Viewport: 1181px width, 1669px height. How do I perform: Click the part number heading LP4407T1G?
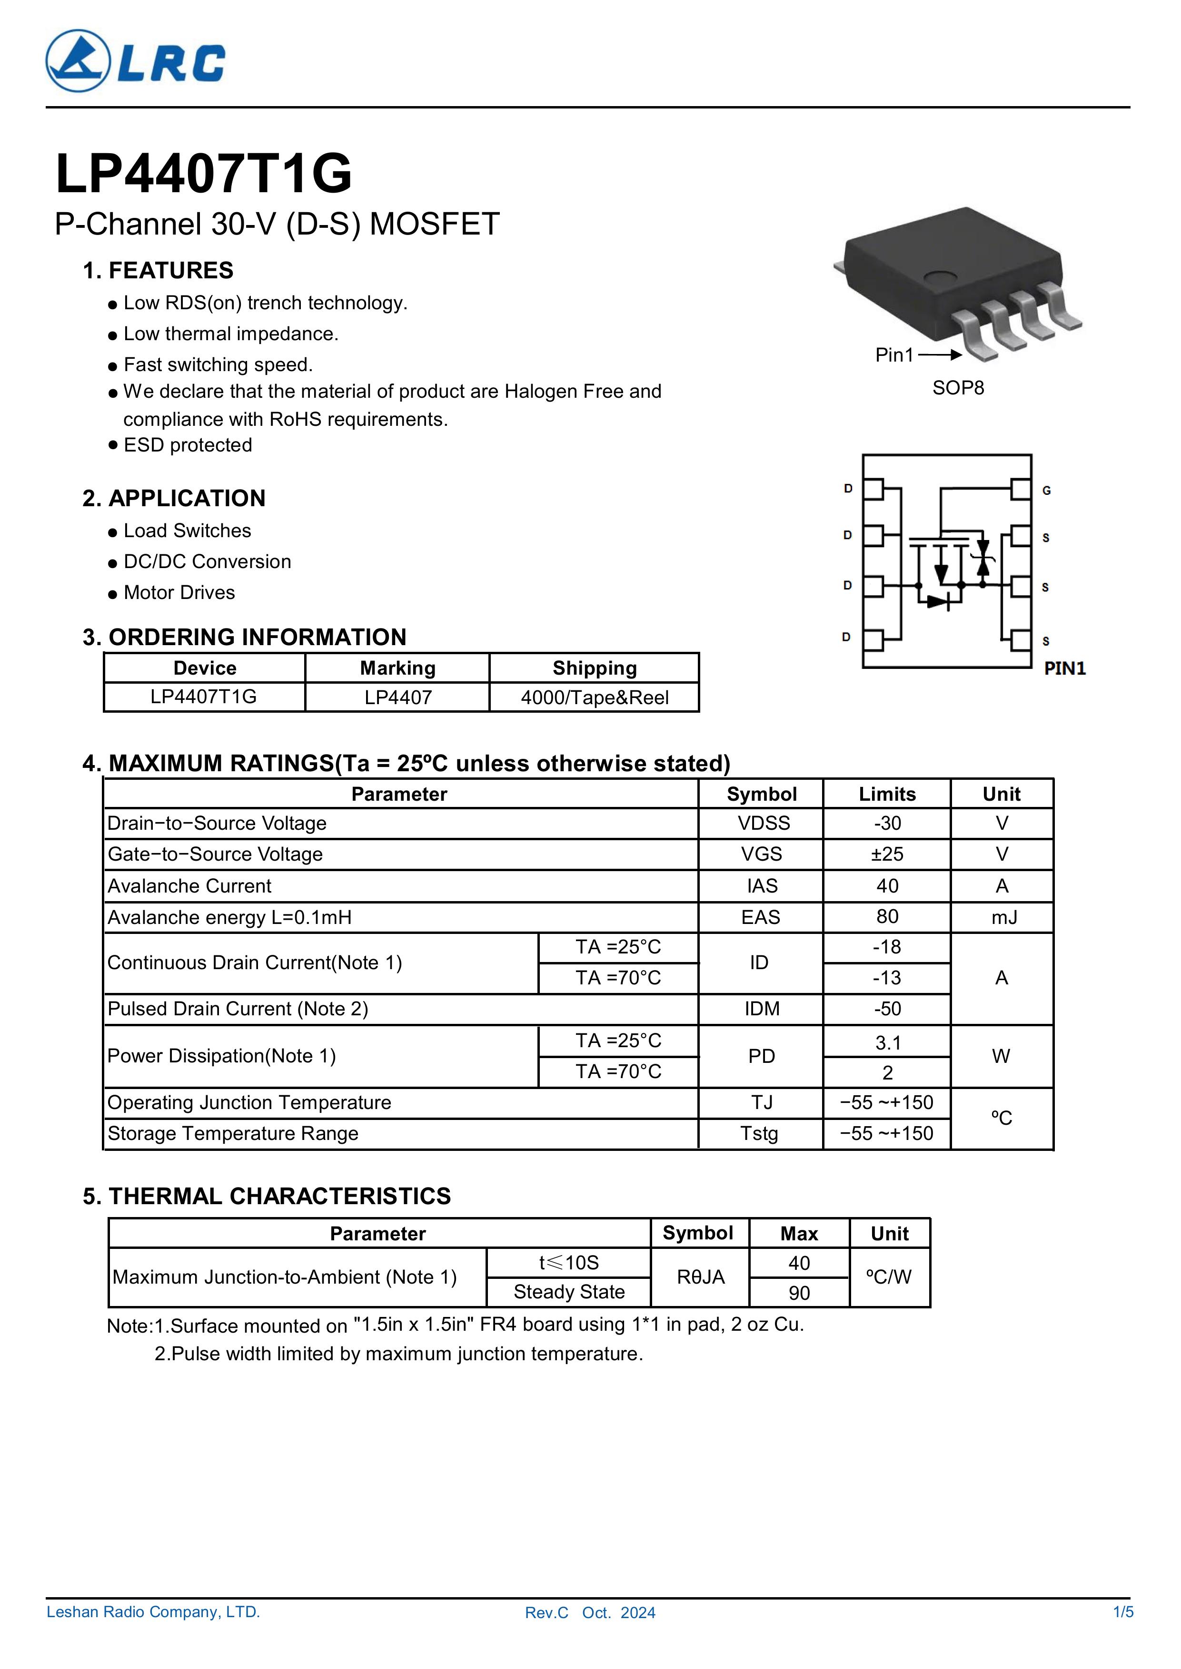(204, 175)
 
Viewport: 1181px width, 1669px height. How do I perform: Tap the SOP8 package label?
(958, 388)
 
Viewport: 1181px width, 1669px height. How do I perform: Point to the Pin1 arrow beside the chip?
(940, 355)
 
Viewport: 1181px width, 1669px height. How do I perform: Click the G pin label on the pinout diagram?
(1046, 491)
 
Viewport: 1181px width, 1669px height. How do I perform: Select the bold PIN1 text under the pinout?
(1065, 668)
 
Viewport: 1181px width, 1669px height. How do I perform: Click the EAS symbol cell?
(761, 917)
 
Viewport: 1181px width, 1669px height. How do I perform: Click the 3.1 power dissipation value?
(887, 1043)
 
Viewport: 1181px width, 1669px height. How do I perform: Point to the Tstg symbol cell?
(759, 1133)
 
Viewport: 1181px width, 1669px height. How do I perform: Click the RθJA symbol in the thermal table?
(700, 1277)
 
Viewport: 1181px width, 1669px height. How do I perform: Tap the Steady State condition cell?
(569, 1292)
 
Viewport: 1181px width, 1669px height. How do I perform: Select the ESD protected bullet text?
(188, 445)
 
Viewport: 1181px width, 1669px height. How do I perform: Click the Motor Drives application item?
(179, 592)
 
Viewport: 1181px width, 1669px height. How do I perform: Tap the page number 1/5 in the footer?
(1122, 1632)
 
